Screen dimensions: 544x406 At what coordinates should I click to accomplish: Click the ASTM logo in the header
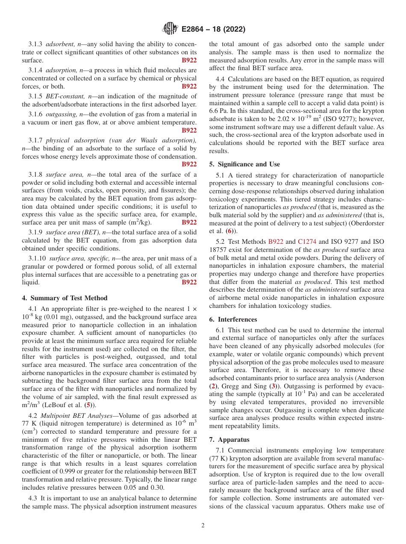point(170,29)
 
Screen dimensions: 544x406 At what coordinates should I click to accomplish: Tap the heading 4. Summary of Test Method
point(65,298)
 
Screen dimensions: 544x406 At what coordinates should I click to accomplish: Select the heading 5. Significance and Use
point(244,164)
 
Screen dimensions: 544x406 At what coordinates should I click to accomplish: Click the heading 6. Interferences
point(233,319)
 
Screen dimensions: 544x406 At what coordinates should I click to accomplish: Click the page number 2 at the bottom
point(203,526)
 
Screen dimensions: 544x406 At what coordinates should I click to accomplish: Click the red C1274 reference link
point(307,242)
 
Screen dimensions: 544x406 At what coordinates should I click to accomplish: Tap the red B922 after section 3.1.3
point(189,60)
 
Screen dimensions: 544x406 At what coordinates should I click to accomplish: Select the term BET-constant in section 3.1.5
point(60,96)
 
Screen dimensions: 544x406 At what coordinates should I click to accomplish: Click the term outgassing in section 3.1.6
point(60,114)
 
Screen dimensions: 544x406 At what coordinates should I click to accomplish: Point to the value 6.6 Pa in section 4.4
point(219,110)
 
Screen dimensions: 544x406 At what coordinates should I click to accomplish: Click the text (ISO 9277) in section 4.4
point(323,118)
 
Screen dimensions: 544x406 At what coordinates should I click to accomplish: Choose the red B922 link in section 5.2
point(276,242)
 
